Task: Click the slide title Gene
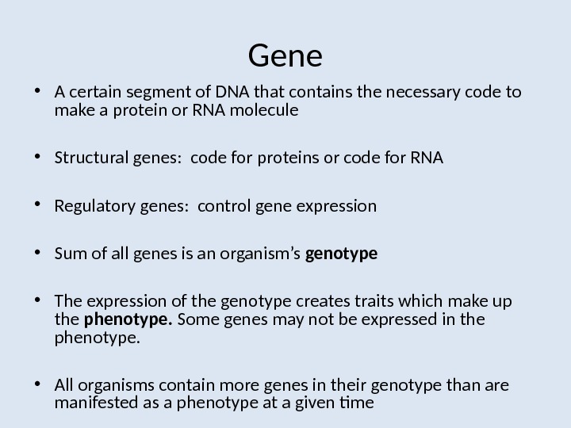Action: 285,56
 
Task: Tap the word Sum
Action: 68,254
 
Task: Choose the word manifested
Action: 91,402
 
